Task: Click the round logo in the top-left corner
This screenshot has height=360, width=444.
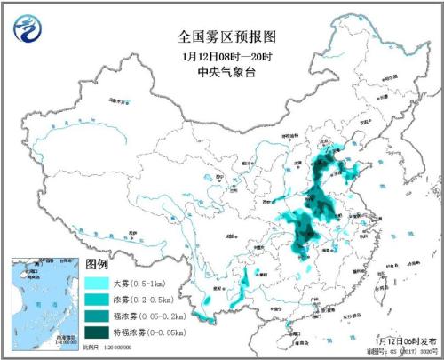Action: click(x=30, y=30)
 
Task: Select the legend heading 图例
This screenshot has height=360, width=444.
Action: click(x=97, y=266)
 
